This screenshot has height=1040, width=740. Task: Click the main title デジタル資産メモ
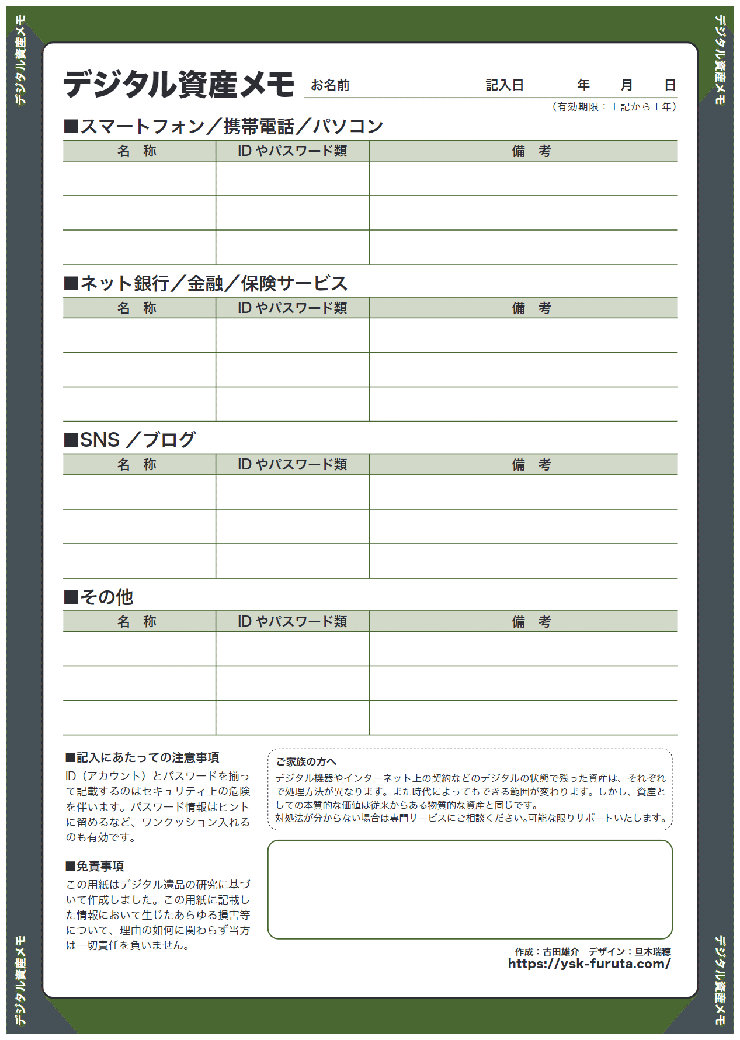(x=179, y=85)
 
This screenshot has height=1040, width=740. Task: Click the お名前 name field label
(x=330, y=86)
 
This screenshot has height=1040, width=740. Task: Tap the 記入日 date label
(x=504, y=86)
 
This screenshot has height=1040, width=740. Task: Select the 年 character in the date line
(x=583, y=85)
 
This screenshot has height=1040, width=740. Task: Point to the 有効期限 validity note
(x=614, y=107)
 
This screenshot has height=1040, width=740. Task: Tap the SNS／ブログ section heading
(x=130, y=440)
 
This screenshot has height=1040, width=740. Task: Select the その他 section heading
(x=99, y=597)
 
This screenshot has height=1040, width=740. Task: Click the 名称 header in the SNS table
(x=137, y=465)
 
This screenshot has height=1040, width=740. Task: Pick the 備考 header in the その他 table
(x=531, y=622)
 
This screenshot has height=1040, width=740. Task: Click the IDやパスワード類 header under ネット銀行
(x=292, y=308)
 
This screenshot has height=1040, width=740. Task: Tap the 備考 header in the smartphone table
(x=531, y=151)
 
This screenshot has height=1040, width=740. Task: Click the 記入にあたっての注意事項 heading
(x=143, y=757)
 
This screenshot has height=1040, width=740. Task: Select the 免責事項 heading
(x=95, y=866)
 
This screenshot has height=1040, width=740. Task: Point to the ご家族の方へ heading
(x=306, y=761)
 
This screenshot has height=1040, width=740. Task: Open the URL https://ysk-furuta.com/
(x=589, y=964)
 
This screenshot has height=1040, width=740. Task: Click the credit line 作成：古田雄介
(x=547, y=952)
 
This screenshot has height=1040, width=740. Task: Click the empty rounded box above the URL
(x=470, y=889)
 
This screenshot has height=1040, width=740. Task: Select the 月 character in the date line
(x=626, y=85)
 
